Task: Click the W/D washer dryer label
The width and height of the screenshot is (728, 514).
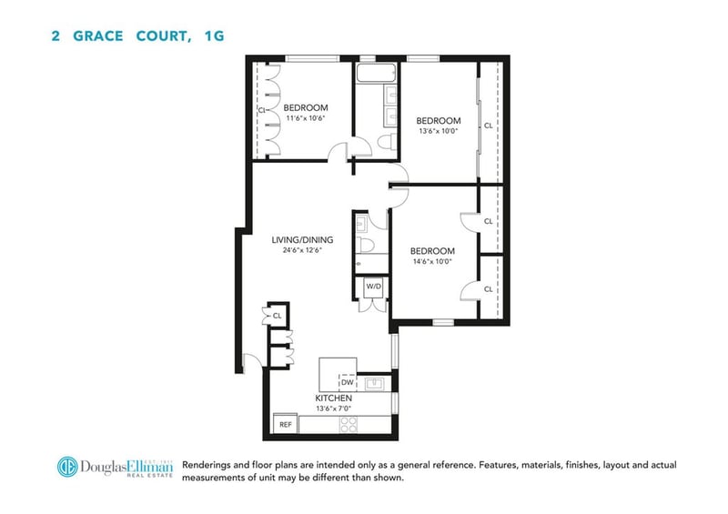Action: coord(373,287)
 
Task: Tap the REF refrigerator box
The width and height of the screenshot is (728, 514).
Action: coord(286,424)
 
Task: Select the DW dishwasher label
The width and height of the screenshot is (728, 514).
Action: coord(348,383)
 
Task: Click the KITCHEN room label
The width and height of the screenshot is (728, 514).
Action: coord(333,398)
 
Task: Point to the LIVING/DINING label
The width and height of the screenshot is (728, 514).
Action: coord(302,240)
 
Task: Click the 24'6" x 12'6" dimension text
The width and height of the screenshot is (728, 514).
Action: coord(302,250)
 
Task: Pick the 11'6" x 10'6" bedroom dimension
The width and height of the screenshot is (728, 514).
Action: coord(305,118)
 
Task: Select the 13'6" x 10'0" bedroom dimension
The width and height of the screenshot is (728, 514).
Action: coord(439,131)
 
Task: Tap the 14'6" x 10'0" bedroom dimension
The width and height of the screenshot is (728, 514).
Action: coord(432,261)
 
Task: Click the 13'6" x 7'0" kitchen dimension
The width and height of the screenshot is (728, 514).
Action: coord(333,408)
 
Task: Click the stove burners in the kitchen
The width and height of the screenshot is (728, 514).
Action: coord(349,425)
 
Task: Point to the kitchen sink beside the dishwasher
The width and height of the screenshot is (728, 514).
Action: coord(374,384)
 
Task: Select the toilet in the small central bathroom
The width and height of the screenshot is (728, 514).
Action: coord(366,245)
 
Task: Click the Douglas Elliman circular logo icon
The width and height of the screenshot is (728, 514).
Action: coord(67,467)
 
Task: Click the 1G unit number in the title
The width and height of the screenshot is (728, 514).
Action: coord(214,36)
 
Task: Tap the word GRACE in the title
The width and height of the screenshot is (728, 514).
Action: coord(98,36)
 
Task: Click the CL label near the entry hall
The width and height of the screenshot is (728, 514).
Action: coord(278,316)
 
